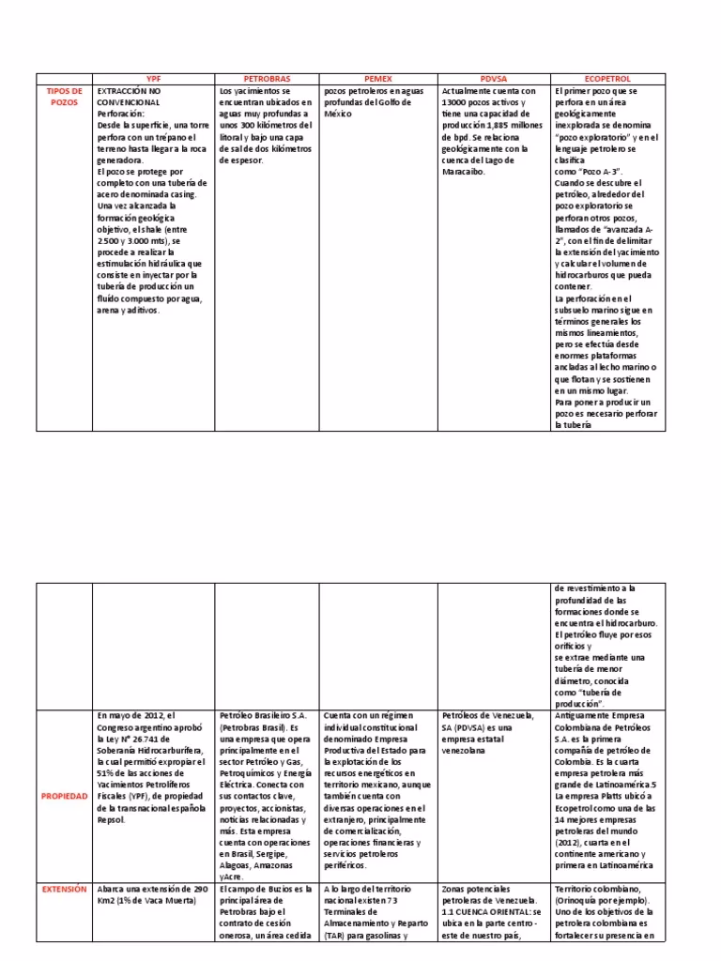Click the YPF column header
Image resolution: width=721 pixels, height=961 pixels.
pyautogui.click(x=154, y=80)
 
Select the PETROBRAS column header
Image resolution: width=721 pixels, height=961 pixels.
pyautogui.click(x=267, y=80)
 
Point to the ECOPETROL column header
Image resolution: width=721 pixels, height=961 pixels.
pyautogui.click(x=608, y=80)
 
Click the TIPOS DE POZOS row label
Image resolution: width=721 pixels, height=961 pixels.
pyautogui.click(x=65, y=97)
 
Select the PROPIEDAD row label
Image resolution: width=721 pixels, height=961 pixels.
pyautogui.click(x=65, y=796)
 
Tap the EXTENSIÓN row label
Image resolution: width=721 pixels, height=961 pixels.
pyautogui.click(x=65, y=889)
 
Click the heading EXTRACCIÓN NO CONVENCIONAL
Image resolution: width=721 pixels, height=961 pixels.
pyautogui.click(x=130, y=97)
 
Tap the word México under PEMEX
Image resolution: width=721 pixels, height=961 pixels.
pyautogui.click(x=338, y=114)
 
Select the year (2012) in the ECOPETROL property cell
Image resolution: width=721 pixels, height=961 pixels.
pyautogui.click(x=574, y=842)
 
